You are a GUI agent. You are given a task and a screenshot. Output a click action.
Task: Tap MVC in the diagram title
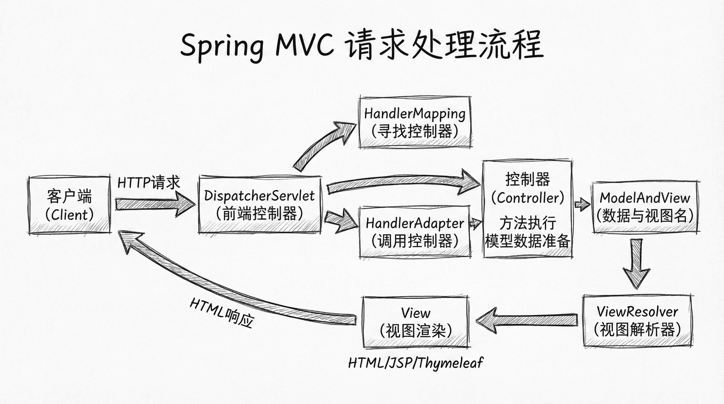click(305, 45)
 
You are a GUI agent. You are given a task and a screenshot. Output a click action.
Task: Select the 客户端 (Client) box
click(69, 205)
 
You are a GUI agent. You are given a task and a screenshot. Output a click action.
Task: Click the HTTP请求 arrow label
click(149, 183)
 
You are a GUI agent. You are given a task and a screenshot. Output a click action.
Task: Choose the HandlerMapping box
click(415, 122)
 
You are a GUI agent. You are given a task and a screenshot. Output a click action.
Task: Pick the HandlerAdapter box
click(415, 232)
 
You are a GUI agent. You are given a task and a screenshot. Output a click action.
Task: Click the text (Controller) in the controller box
click(528, 198)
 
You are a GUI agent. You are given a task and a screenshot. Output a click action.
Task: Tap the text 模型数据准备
click(528, 241)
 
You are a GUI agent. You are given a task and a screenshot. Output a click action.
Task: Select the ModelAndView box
click(645, 207)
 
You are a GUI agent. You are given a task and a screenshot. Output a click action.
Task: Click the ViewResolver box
click(637, 321)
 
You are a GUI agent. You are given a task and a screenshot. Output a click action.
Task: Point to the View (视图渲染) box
click(415, 322)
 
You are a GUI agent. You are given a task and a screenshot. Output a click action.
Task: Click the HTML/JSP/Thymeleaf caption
click(415, 363)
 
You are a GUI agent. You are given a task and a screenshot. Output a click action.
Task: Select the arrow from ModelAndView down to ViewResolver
click(636, 264)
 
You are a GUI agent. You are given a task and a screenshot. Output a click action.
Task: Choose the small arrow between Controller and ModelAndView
click(582, 205)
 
